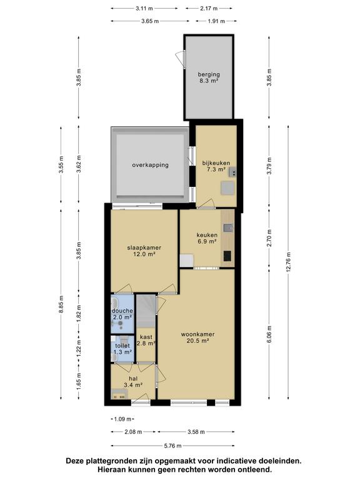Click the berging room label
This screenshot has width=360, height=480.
[x=209, y=77]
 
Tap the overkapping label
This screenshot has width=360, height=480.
[x=150, y=165]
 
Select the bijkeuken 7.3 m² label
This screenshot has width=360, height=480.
[x=216, y=166]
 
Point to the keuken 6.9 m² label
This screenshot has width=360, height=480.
[x=207, y=238]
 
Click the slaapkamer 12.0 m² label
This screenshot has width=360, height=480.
[x=144, y=251]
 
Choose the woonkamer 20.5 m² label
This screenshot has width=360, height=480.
[x=197, y=337]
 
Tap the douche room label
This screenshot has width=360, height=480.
[x=122, y=314]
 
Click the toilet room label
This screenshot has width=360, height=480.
[x=122, y=349]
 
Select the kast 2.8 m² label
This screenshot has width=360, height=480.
[x=146, y=340]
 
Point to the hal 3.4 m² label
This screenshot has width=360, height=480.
[x=133, y=382]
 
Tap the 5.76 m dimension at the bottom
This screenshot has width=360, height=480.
[x=173, y=446]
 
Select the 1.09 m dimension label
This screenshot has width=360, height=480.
[x=122, y=419]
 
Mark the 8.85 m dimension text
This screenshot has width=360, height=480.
[x=61, y=304]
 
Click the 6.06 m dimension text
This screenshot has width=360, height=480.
[x=269, y=334]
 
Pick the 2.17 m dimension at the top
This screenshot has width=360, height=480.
[x=209, y=9]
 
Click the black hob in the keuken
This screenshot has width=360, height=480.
[x=227, y=256]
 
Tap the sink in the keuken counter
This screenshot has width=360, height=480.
[x=227, y=227]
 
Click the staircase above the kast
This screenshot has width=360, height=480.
[x=146, y=311]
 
